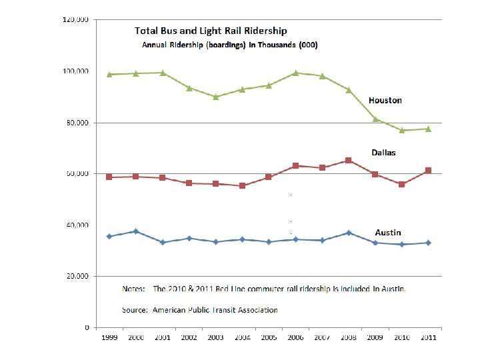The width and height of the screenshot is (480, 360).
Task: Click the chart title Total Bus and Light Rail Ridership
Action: (211, 31)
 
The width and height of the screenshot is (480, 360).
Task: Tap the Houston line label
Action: (385, 100)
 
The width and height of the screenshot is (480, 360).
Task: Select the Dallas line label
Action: (383, 153)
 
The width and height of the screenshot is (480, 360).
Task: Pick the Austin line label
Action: (388, 233)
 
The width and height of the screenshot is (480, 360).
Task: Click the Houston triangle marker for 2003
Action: (215, 97)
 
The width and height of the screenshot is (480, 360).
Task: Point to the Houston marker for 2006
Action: (295, 73)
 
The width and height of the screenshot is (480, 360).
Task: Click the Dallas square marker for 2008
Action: (348, 161)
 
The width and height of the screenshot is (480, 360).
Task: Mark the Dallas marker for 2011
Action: (428, 171)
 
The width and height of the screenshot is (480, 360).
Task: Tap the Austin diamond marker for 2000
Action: (136, 231)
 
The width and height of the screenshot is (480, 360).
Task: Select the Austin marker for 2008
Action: (348, 233)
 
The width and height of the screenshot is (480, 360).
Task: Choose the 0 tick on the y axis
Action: (87, 328)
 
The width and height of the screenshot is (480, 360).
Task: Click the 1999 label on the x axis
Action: (109, 338)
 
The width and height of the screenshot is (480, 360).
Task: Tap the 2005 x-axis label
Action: (269, 338)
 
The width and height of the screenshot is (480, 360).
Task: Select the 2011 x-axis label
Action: (428, 338)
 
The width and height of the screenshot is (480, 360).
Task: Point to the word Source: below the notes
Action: (135, 310)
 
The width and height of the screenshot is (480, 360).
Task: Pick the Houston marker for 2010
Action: (401, 130)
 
